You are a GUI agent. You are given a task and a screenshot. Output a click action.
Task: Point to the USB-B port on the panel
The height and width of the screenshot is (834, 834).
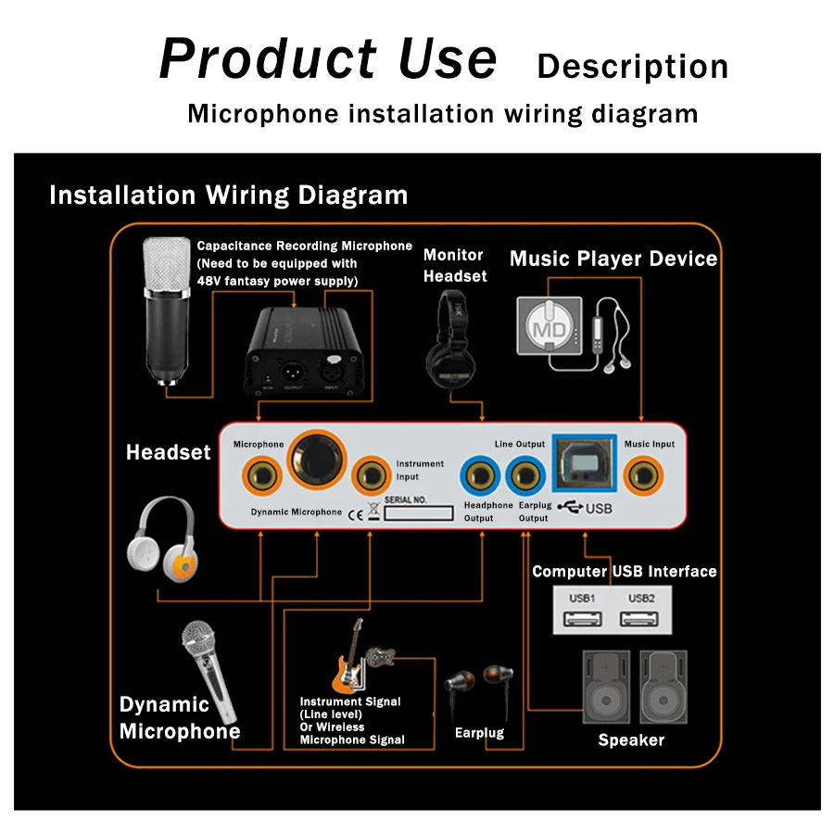[x=585, y=461]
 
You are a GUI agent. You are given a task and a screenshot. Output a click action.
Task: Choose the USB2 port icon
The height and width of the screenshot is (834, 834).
[x=640, y=619]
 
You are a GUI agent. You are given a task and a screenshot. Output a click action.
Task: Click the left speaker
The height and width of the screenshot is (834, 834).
[x=606, y=687]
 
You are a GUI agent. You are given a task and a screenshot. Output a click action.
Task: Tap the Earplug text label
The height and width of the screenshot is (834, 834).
[x=479, y=733]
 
